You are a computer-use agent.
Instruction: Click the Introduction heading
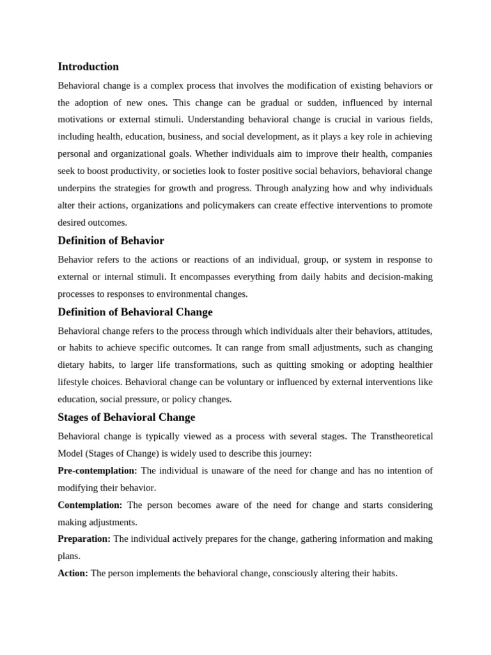click(x=88, y=67)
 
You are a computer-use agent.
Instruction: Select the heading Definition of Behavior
click(x=111, y=241)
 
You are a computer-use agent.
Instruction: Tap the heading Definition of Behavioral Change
click(x=135, y=312)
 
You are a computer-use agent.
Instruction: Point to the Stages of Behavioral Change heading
click(x=126, y=417)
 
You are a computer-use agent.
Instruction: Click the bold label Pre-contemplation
click(x=97, y=471)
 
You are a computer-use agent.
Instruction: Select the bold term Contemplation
click(x=90, y=505)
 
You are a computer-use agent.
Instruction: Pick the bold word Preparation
click(x=84, y=539)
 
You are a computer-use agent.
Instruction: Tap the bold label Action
click(x=73, y=574)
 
